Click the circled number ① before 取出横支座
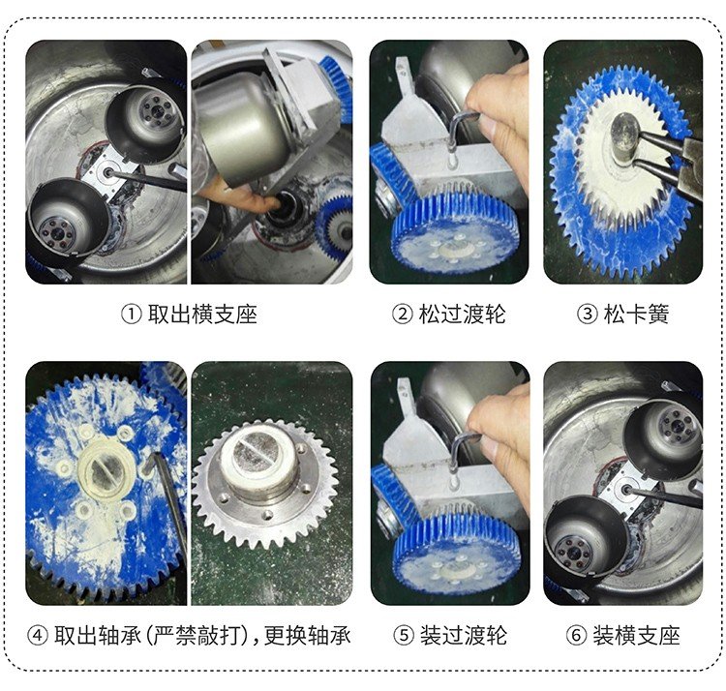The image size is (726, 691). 131,315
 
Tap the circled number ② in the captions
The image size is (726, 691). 402,315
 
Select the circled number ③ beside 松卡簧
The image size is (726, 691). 587,315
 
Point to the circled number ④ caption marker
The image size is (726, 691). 38,636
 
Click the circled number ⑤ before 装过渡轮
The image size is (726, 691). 404,636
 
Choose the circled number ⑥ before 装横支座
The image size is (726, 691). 577,636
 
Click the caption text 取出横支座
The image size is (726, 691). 202,315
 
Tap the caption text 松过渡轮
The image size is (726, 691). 462,315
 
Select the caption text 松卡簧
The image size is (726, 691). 636,315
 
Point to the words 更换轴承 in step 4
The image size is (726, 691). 308,636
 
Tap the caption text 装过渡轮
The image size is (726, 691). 464,636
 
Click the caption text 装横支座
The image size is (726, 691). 637,636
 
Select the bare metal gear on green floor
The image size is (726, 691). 265,485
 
